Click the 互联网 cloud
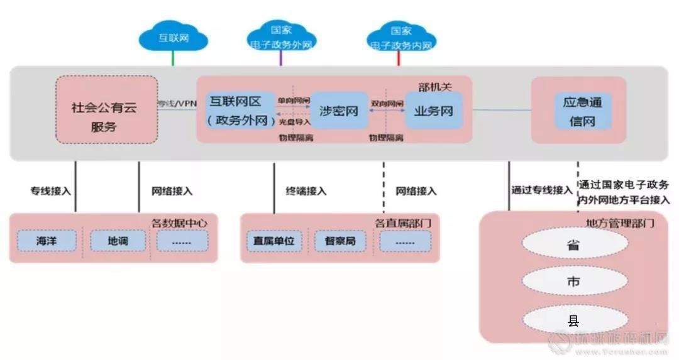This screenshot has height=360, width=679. [173, 38]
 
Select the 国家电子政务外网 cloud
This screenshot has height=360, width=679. [280, 38]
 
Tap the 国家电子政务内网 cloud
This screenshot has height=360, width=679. [400, 38]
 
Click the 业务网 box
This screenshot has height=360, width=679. [433, 111]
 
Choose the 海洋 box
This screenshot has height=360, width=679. [47, 241]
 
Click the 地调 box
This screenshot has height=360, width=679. [118, 241]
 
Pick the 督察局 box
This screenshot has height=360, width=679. [340, 241]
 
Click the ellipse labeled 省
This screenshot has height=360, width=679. [573, 245]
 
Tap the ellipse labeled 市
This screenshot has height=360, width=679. [573, 282]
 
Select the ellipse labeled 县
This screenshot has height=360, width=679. [573, 321]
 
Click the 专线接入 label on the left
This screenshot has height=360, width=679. [51, 191]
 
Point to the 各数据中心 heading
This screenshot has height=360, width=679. [180, 222]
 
